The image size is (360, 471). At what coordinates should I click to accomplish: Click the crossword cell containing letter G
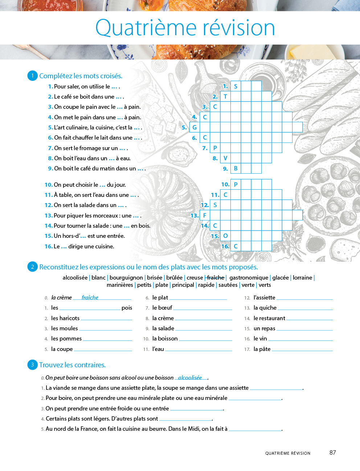click(195, 127)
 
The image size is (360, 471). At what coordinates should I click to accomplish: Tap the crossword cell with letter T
click(225, 96)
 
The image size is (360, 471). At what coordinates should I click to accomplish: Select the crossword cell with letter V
click(225, 158)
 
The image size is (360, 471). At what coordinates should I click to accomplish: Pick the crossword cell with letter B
click(236, 168)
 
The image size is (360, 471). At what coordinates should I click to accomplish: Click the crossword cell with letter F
click(205, 215)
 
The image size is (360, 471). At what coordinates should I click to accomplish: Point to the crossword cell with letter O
click(225, 236)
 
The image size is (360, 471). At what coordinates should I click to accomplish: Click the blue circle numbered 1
click(32, 76)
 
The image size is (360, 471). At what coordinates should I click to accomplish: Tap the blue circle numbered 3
click(32, 365)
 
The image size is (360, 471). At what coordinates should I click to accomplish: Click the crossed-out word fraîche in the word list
click(216, 278)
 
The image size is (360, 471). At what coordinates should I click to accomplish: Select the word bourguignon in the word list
click(126, 278)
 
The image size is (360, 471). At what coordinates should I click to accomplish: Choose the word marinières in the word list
click(120, 285)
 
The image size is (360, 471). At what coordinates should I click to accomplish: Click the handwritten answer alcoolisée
click(190, 377)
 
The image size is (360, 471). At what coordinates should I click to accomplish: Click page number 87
click(332, 453)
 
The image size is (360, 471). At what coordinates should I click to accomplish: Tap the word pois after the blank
click(127, 308)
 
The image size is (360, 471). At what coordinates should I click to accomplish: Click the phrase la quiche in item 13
click(265, 308)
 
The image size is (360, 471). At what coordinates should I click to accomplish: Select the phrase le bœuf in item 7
click(162, 308)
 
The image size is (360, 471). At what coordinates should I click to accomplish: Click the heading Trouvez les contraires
click(72, 365)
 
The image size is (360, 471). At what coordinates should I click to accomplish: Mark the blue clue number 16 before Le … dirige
click(49, 247)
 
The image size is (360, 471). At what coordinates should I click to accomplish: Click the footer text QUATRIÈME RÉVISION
click(288, 453)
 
